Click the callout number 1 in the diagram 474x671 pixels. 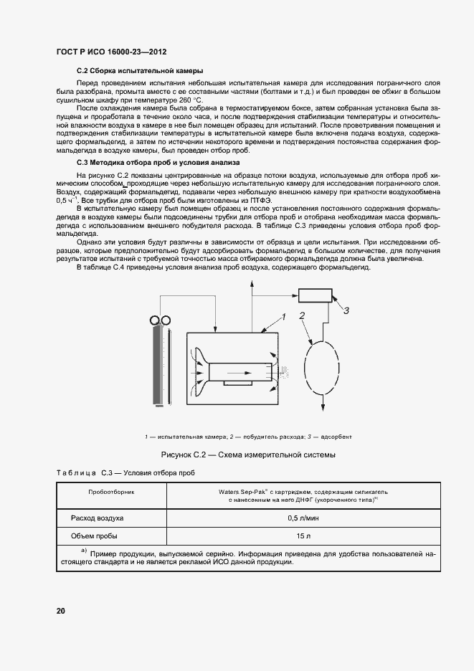(284, 315)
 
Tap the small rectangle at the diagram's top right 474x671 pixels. (315, 295)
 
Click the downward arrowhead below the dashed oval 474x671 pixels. (322, 408)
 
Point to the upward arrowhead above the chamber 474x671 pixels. (252, 287)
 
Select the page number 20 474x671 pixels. (61, 611)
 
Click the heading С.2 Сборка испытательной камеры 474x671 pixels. (139, 71)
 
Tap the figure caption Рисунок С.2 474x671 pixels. (248, 455)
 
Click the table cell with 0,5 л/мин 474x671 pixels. (303, 517)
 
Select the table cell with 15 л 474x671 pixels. (303, 536)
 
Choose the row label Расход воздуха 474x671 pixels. (97, 517)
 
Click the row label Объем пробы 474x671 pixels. (94, 536)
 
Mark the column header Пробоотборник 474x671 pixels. (111, 492)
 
